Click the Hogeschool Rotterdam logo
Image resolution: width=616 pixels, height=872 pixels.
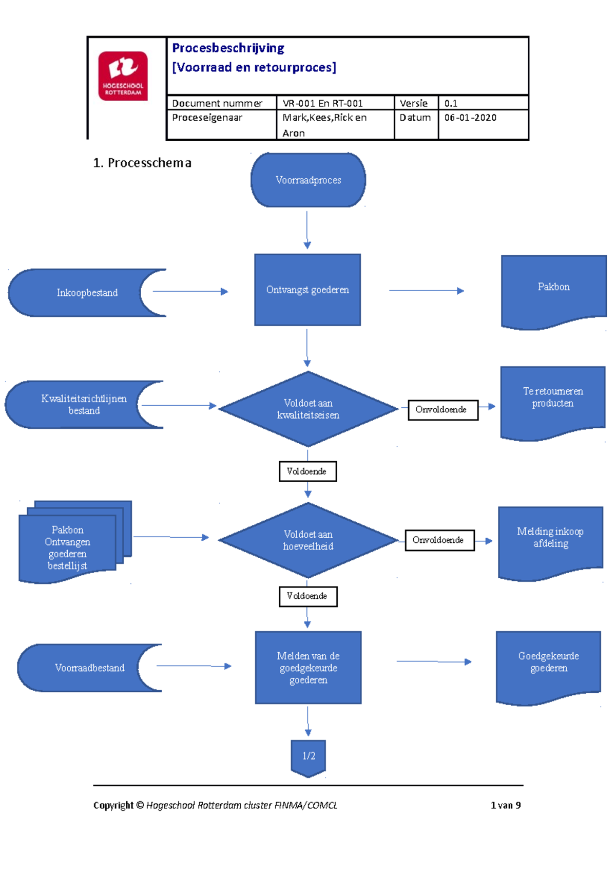(x=123, y=76)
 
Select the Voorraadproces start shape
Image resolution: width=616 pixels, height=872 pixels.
(x=308, y=180)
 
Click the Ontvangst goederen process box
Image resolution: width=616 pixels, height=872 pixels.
(x=307, y=290)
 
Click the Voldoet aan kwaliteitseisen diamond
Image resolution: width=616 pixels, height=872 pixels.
(x=308, y=409)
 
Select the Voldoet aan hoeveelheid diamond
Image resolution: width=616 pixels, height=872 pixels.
(x=308, y=540)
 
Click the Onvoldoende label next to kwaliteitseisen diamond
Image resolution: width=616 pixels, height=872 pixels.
(x=443, y=410)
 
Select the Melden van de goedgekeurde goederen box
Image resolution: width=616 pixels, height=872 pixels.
(x=308, y=668)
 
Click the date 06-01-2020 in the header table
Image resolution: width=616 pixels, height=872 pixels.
(x=470, y=118)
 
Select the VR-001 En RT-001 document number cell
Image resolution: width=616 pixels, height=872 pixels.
(x=322, y=103)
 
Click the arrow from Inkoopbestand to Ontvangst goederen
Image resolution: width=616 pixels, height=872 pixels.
(x=190, y=291)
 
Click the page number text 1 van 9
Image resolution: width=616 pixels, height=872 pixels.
(x=505, y=805)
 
